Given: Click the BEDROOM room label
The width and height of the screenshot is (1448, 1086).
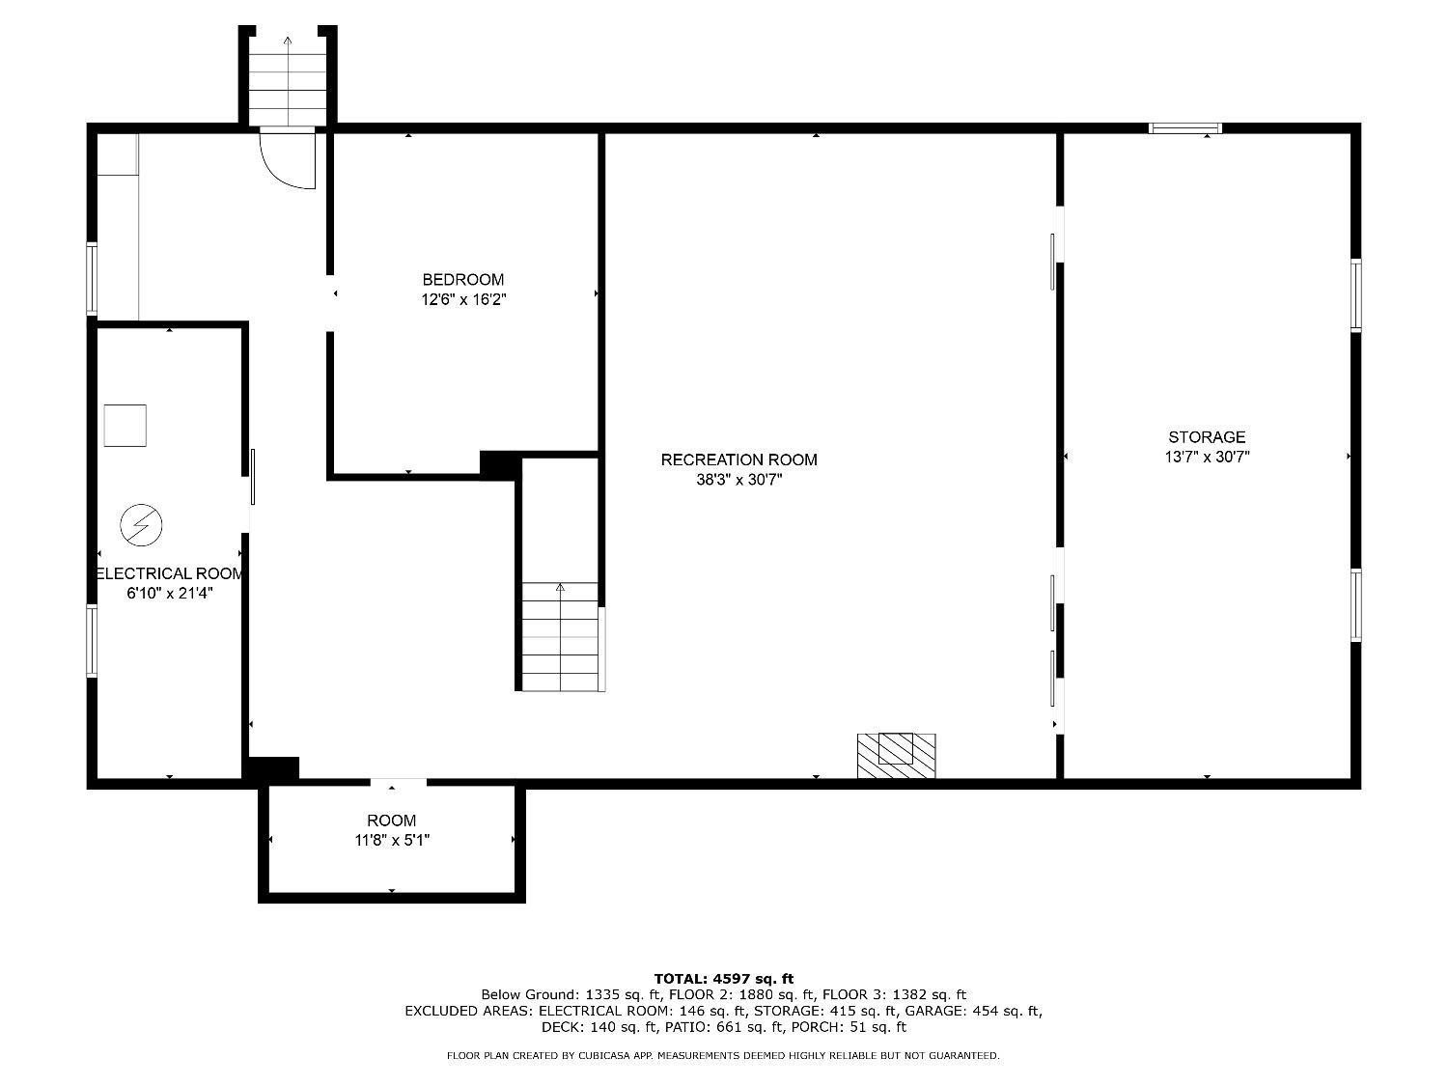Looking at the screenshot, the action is coord(463,280).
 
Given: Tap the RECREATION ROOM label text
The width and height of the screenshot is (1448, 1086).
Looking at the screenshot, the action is coord(738,459).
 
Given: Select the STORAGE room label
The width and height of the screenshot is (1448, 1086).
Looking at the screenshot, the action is coord(1207,436).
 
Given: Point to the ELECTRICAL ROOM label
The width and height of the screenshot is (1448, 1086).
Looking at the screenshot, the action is coord(170,573).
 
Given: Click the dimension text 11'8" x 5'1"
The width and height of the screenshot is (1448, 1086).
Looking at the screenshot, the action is coord(392,840).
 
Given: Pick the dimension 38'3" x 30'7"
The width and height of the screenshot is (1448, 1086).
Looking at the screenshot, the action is coord(738,480).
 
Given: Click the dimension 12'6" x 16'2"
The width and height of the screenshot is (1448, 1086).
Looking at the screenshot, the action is coord(463,300).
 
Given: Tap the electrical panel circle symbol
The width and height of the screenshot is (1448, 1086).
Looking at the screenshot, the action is coord(141,525).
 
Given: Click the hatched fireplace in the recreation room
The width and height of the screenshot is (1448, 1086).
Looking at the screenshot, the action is coord(896,756).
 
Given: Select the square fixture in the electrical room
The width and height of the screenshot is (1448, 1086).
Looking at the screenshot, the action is coord(125,426).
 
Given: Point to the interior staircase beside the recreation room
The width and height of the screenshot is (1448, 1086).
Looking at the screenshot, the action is coord(561,636).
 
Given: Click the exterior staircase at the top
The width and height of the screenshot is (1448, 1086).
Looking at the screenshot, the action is coord(287,81).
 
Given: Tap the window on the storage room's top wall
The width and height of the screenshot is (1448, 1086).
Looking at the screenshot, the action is coord(1184,128).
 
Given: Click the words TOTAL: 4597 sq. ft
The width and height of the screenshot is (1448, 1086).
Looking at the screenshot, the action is coord(724,979).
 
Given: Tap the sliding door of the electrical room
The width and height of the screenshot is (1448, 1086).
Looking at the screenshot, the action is coord(253,477).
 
